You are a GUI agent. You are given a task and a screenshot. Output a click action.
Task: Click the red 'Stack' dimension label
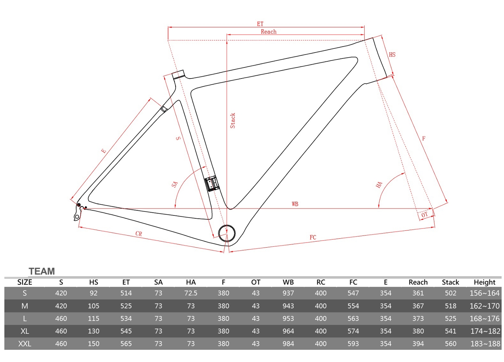233,121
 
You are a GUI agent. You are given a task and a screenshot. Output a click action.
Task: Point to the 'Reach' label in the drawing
268,32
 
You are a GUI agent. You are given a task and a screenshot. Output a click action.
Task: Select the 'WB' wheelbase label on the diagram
295,204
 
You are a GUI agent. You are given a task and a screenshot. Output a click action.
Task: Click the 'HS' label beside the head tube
392,55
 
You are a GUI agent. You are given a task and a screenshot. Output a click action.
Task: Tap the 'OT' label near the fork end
424,215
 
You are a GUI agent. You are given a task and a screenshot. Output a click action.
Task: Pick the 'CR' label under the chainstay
138,234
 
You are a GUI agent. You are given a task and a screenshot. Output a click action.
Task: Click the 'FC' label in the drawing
313,237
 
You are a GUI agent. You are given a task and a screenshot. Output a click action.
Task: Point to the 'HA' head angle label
379,185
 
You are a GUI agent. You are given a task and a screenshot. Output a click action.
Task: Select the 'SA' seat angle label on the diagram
175,185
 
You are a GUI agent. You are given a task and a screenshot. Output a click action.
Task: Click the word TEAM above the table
42,271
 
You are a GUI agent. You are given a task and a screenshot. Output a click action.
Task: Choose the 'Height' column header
485,282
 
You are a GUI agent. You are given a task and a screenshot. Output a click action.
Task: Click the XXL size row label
25,344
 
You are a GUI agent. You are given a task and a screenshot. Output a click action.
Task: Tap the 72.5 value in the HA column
191,293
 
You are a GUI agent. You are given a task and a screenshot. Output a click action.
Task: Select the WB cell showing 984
288,344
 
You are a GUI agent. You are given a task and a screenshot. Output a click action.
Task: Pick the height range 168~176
485,318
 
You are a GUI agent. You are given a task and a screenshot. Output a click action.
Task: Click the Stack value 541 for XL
451,331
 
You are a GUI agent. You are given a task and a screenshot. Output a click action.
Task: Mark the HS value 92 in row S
94,293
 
